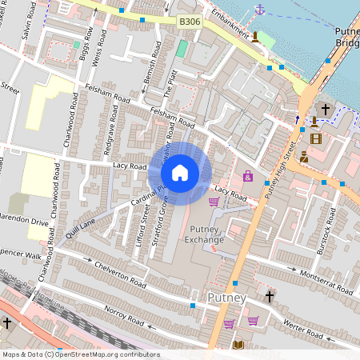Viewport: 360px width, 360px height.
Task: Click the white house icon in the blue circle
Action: coord(180,172)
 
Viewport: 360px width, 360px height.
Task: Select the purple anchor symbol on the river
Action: coord(259,9)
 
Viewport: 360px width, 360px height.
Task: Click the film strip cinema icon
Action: coord(316,138)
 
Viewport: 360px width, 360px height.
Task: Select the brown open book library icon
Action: coord(238,345)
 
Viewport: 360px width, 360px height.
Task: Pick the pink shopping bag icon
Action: coord(248,176)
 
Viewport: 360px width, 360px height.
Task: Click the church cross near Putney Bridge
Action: coord(326,109)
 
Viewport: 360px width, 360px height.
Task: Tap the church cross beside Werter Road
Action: coord(270,297)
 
